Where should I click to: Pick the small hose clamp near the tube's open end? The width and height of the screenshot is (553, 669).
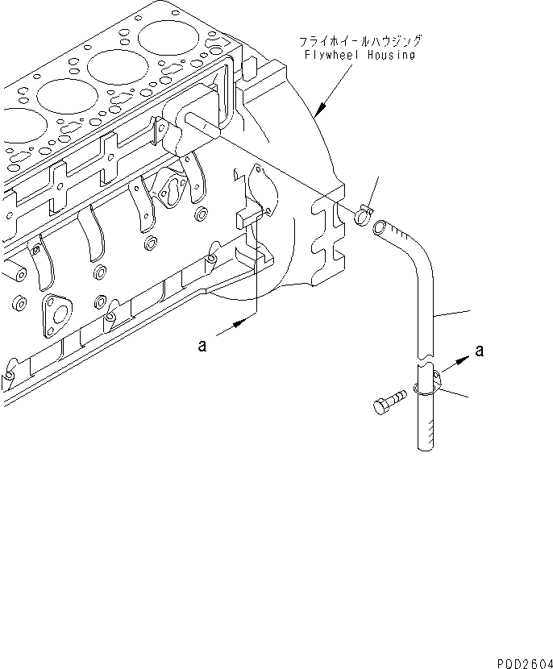coord(362,214)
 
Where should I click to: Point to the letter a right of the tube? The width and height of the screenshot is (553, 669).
coord(480,351)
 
